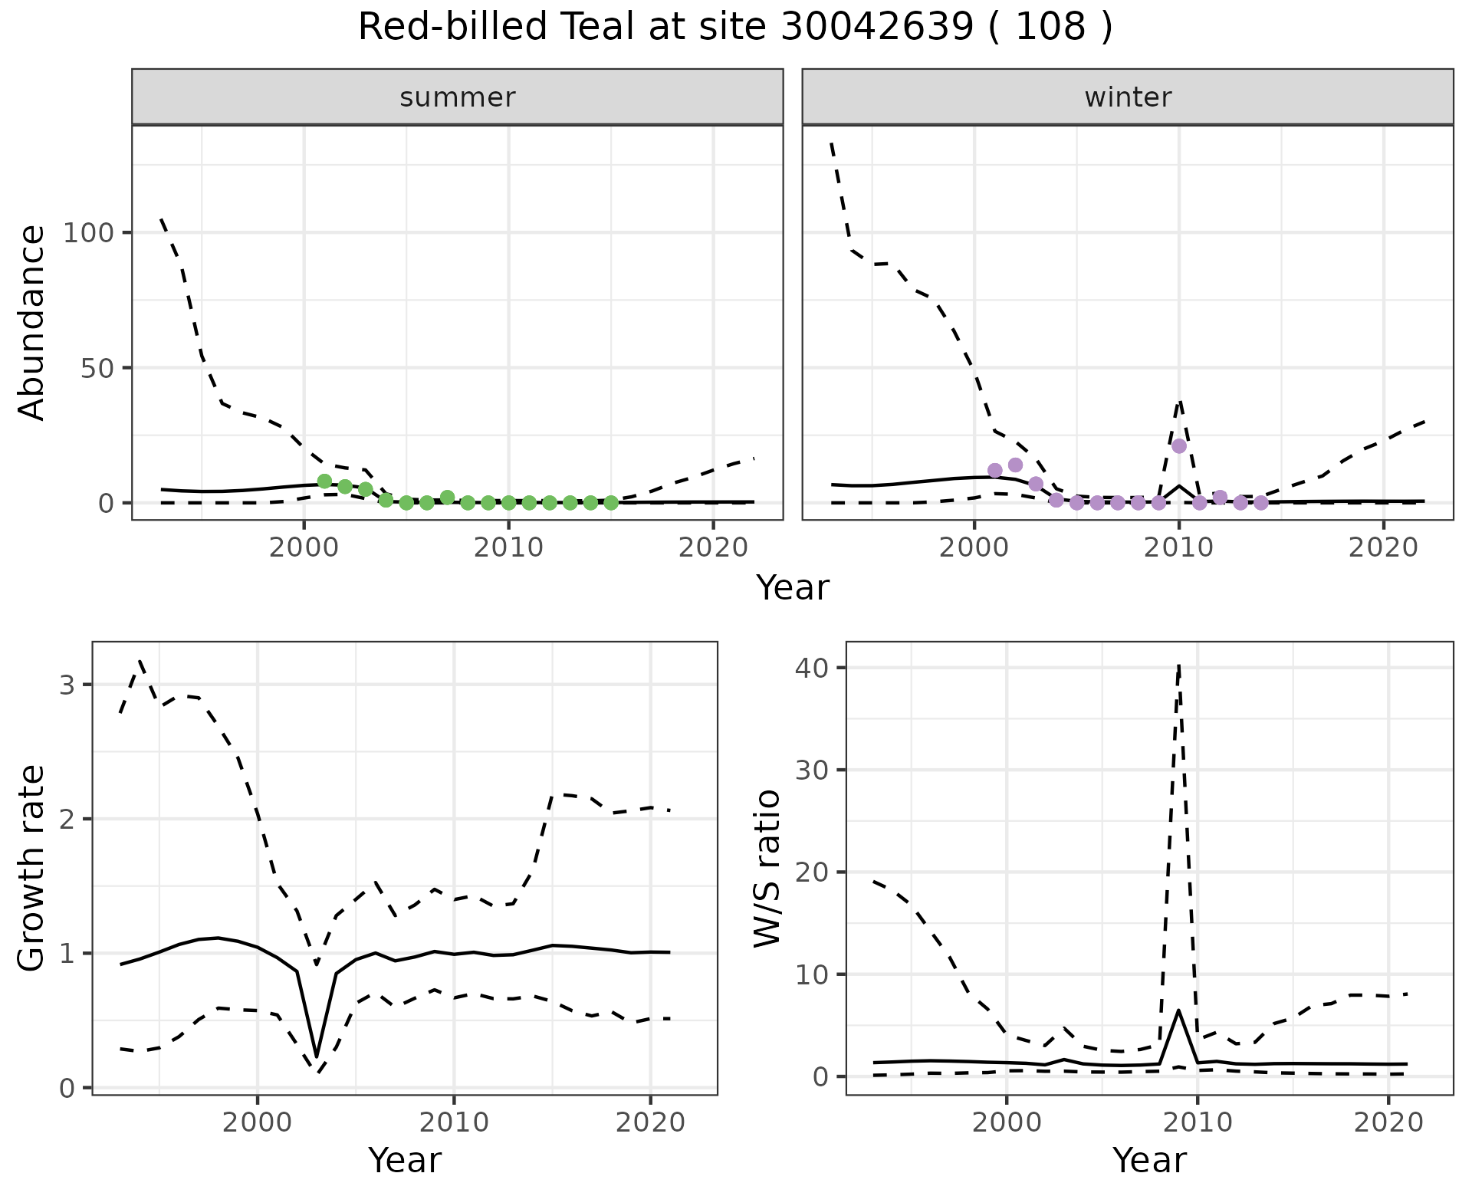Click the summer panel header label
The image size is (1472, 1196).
[x=458, y=97]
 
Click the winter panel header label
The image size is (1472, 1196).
[x=1128, y=97]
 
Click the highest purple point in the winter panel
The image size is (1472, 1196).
[x=1179, y=446]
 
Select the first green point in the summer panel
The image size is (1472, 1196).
[x=324, y=481]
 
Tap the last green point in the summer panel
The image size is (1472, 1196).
[x=611, y=503]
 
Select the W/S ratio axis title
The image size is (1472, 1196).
[x=767, y=868]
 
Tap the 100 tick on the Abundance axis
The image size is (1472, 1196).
[x=87, y=232]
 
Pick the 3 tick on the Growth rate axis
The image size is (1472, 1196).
[x=67, y=685]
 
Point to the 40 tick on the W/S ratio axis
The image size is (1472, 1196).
[x=811, y=668]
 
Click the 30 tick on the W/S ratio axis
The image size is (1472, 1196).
[x=811, y=770]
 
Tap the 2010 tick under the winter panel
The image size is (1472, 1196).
[x=1179, y=547]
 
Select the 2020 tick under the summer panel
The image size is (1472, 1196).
[x=713, y=547]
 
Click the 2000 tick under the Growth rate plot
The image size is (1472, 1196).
[x=258, y=1122]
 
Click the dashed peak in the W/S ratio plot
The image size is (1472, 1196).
[x=1179, y=665]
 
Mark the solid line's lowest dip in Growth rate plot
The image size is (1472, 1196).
[x=317, y=1056]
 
